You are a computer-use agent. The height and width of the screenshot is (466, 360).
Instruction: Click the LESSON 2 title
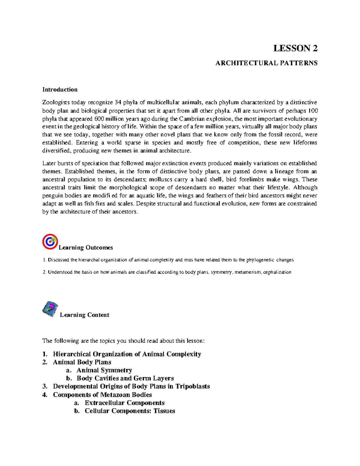click(295, 48)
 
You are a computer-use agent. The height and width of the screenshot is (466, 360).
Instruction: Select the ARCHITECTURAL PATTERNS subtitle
click(266, 63)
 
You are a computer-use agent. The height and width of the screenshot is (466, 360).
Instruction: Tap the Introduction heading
click(60, 89)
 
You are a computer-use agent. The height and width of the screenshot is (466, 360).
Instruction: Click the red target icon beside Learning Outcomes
click(50, 242)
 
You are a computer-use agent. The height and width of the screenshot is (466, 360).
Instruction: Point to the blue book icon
click(50, 309)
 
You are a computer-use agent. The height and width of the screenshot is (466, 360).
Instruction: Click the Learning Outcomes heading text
click(86, 248)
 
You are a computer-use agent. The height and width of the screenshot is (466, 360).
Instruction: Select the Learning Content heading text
click(85, 315)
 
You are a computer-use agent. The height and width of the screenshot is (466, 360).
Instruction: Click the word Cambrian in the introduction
click(190, 119)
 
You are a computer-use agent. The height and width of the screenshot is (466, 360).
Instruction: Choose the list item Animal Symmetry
click(104, 370)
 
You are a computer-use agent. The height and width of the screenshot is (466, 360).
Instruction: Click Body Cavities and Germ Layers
click(125, 378)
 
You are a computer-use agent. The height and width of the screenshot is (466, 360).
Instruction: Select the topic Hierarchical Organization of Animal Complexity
click(127, 354)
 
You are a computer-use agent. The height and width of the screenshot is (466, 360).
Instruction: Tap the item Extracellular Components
click(124, 403)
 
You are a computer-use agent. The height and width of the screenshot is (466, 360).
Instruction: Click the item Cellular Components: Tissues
click(130, 411)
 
